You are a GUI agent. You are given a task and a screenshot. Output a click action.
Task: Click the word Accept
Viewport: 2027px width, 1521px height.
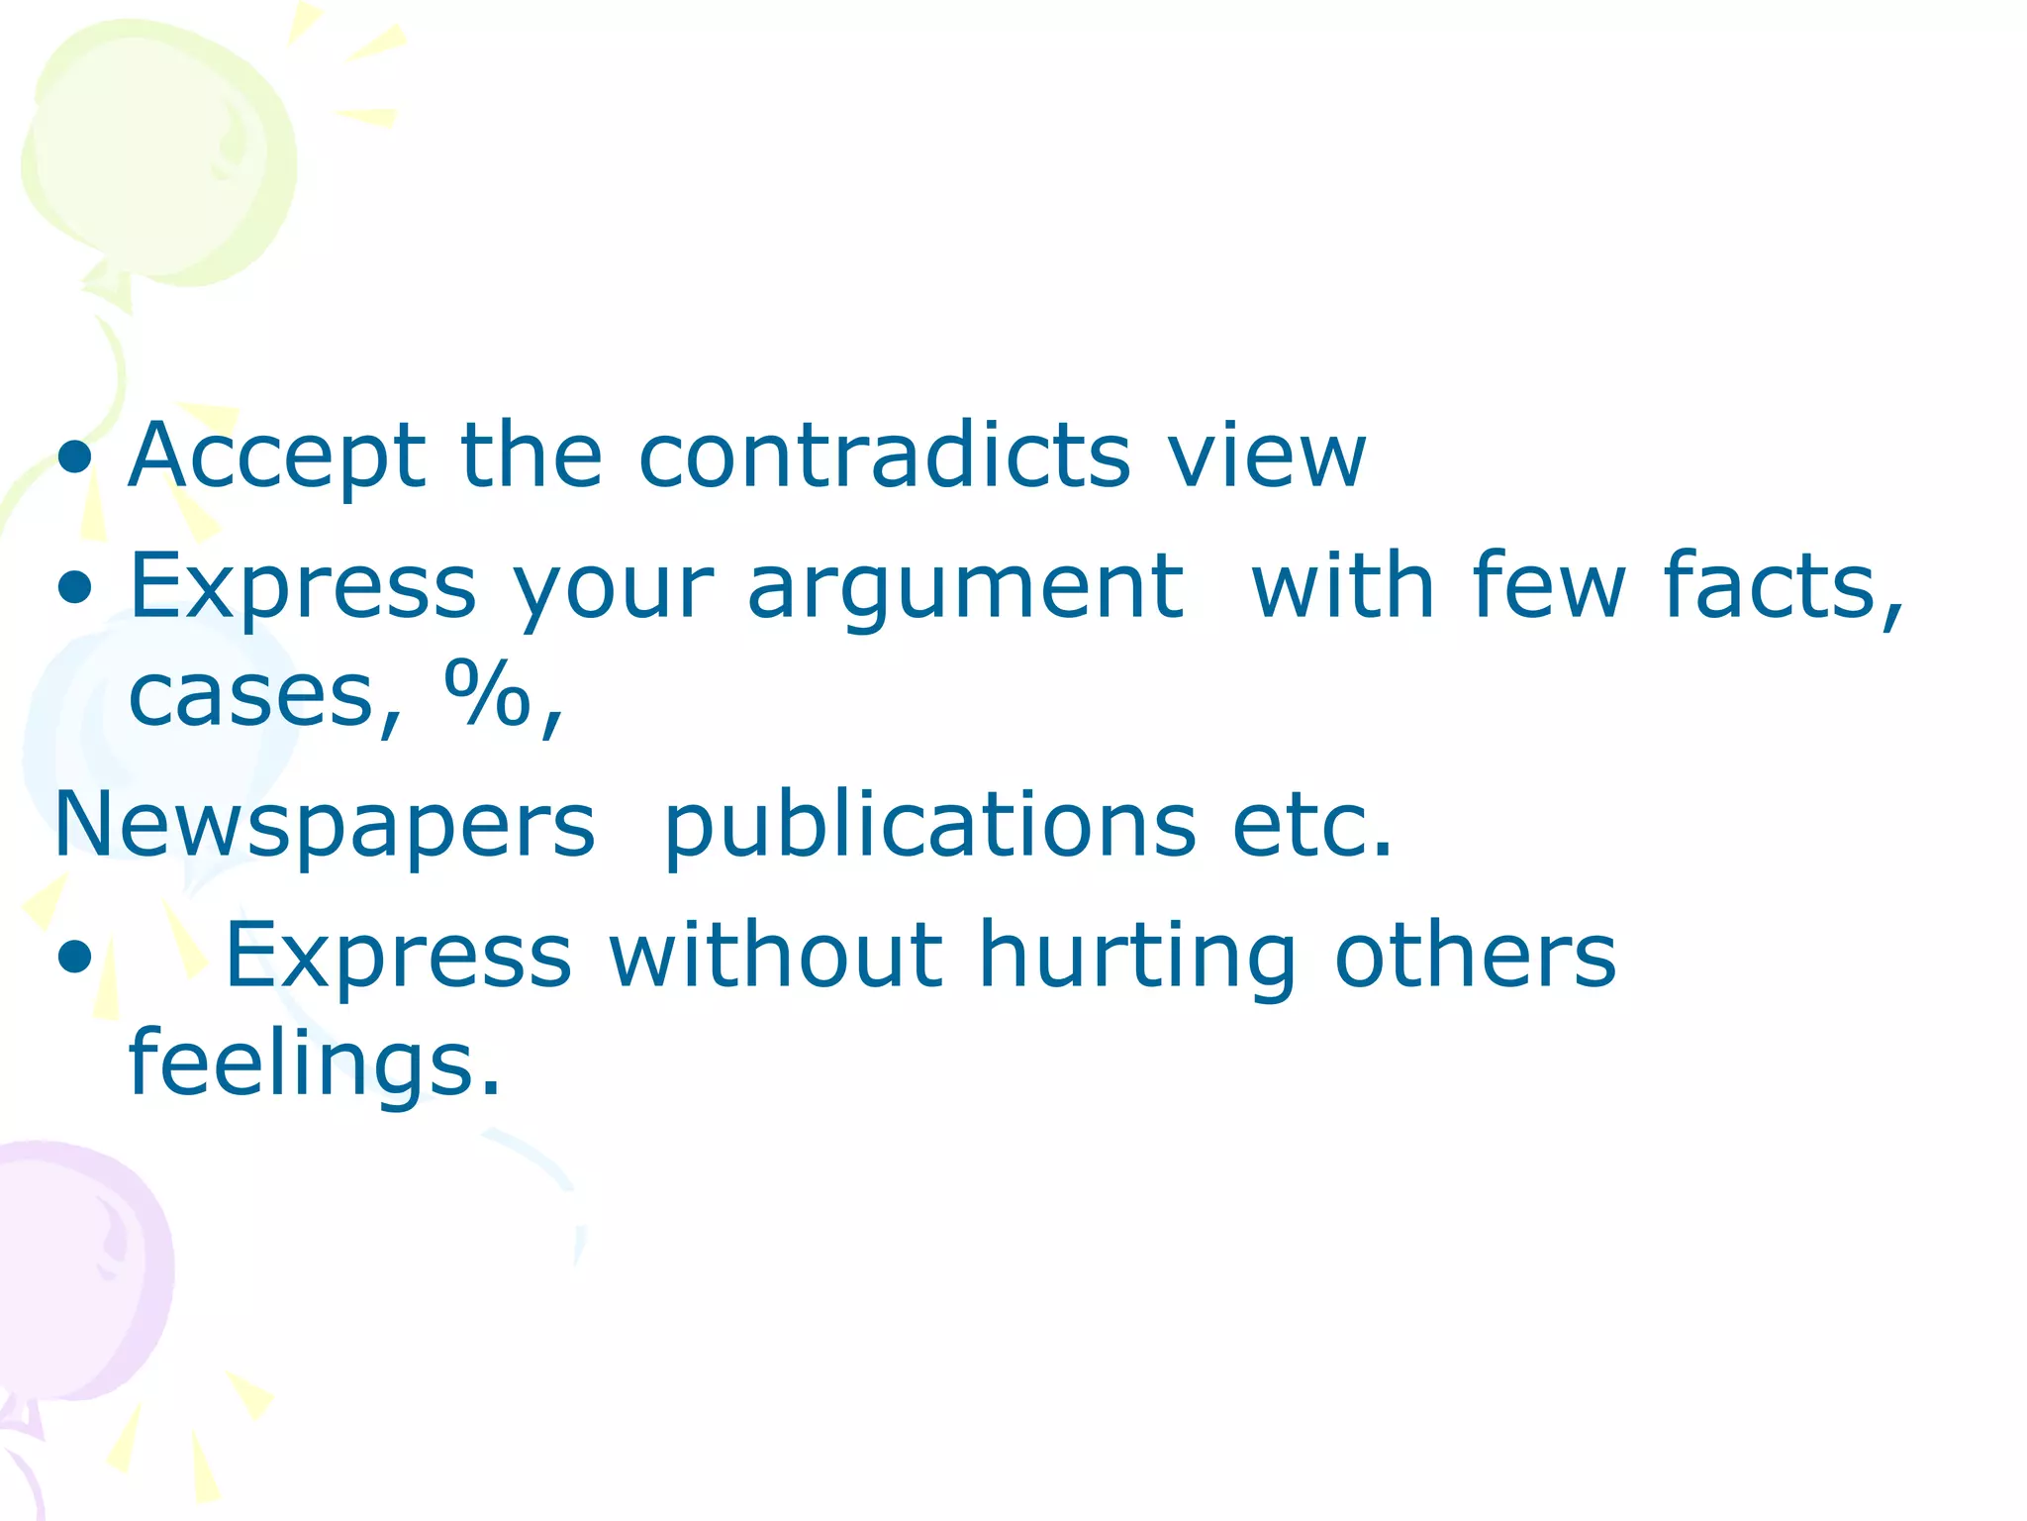point(277,457)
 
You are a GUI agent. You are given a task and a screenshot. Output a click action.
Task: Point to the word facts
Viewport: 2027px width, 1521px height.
point(1782,586)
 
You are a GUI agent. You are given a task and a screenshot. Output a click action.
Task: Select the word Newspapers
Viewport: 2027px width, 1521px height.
point(325,827)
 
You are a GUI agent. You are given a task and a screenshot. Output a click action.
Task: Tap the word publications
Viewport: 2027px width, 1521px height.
point(930,827)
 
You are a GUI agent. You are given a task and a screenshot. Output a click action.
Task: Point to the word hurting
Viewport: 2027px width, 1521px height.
point(1137,957)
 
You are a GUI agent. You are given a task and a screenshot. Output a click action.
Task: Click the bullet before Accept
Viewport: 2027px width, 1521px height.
point(75,458)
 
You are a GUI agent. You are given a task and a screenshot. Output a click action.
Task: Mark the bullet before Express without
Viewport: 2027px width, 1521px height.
point(75,957)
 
